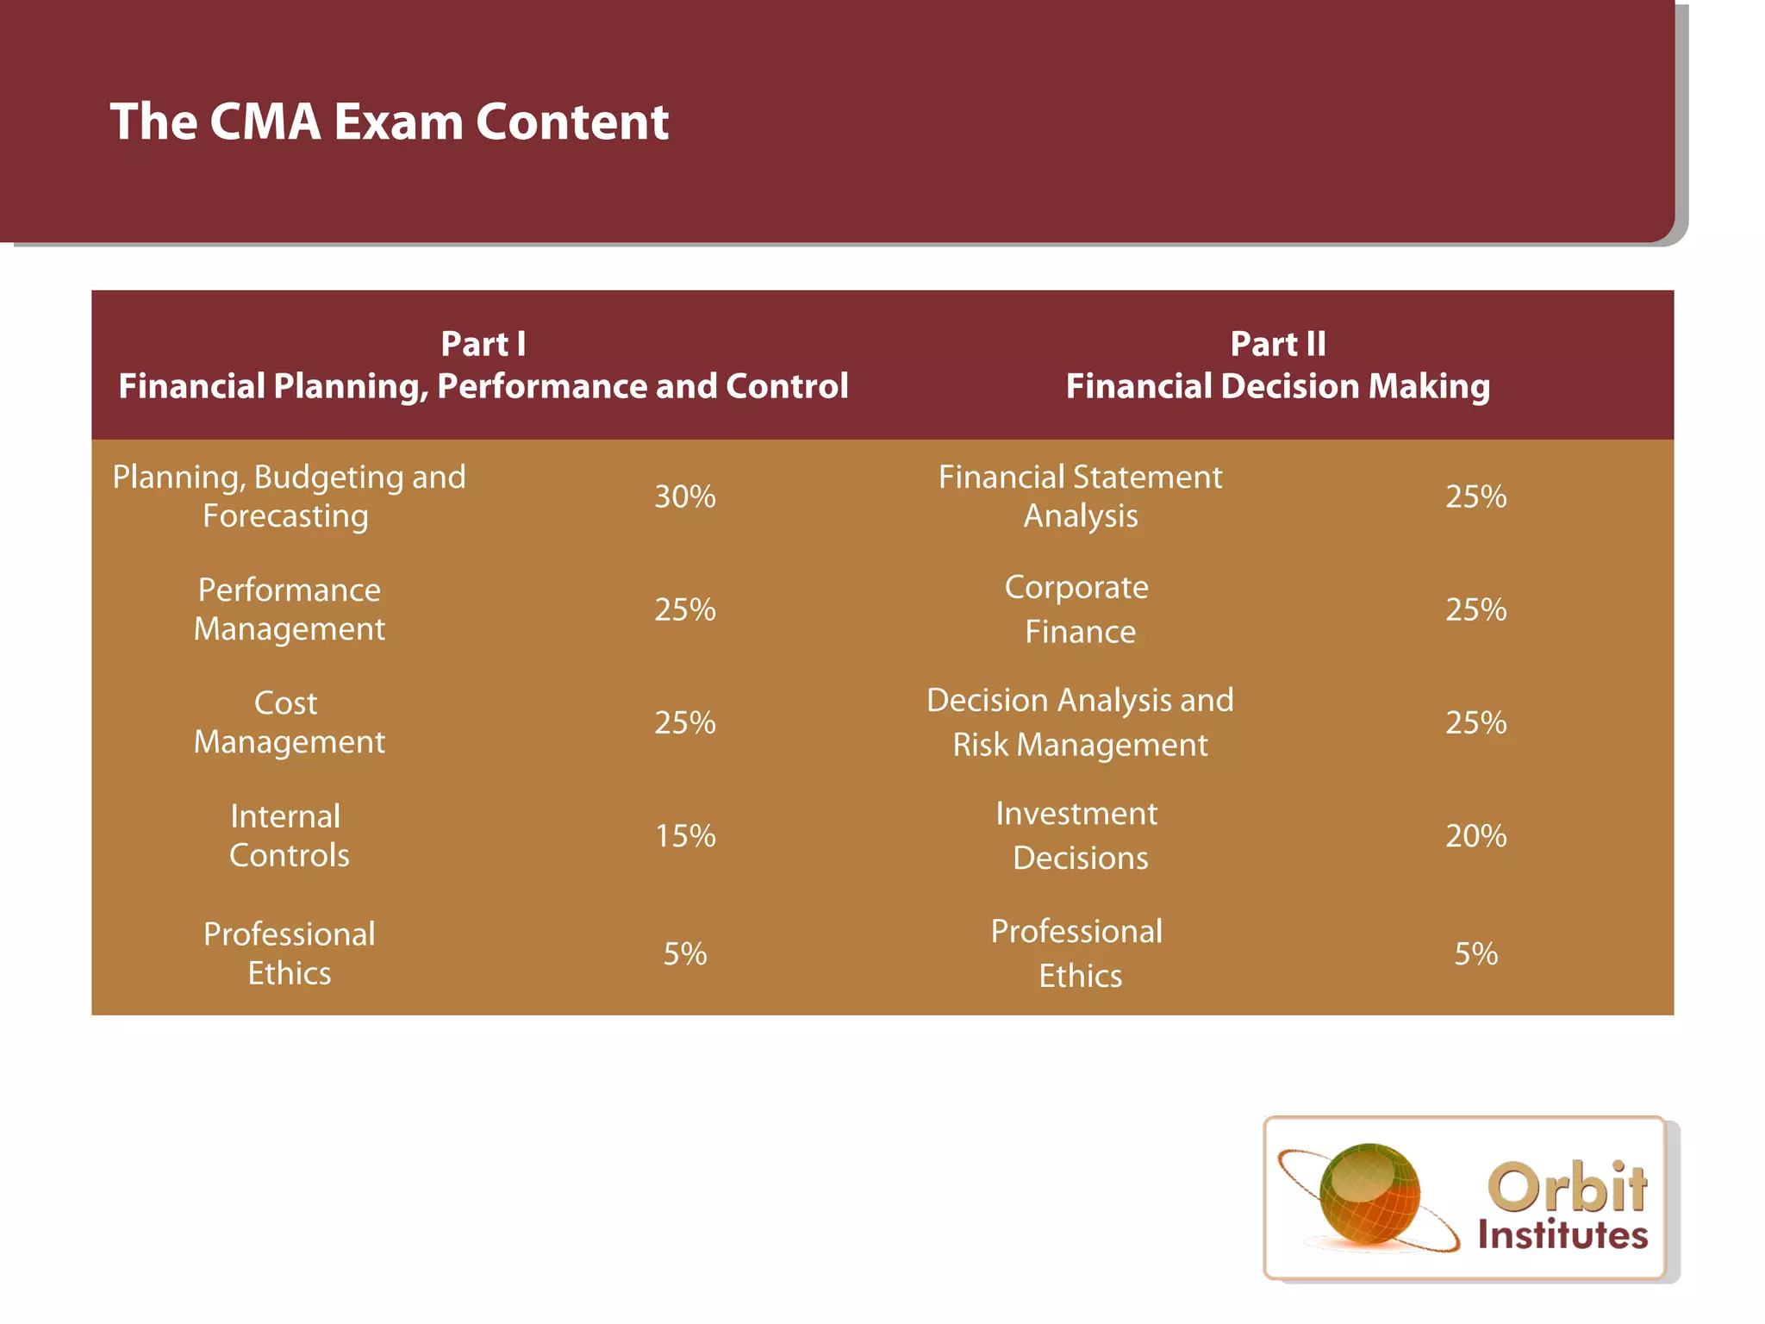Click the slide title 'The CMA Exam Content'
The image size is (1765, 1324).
click(x=390, y=122)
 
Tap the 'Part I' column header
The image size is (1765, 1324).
click(x=483, y=344)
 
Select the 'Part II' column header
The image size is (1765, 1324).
click(x=1277, y=344)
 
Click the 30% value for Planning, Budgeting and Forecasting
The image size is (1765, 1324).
click(x=685, y=496)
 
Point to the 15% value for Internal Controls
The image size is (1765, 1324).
click(x=685, y=835)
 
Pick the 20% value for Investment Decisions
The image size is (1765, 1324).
click(x=1475, y=835)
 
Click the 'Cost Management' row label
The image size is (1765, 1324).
click(x=289, y=722)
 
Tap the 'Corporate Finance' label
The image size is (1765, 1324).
click(x=1079, y=609)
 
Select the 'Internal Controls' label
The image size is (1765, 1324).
click(x=289, y=835)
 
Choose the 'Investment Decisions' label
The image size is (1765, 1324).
click(x=1079, y=835)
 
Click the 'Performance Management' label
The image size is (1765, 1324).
click(x=289, y=609)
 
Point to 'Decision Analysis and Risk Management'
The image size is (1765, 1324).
click(x=1079, y=722)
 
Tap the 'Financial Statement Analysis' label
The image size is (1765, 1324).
click(x=1079, y=496)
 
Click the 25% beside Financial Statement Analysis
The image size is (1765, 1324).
click(x=1475, y=496)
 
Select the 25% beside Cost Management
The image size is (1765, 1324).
click(x=685, y=722)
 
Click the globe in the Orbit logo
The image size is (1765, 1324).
click(x=1369, y=1193)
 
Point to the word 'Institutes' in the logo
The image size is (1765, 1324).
click(x=1562, y=1234)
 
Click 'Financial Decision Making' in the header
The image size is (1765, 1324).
click(x=1277, y=386)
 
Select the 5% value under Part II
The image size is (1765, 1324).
click(x=1475, y=953)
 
